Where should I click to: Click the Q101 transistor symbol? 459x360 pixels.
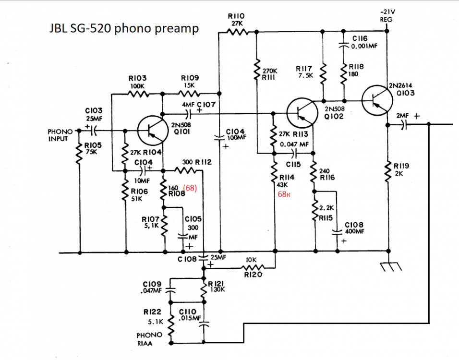click(x=153, y=131)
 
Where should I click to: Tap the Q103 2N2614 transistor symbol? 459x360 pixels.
click(x=377, y=100)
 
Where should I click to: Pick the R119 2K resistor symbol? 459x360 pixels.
click(x=388, y=171)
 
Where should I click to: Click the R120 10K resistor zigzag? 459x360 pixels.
click(x=253, y=267)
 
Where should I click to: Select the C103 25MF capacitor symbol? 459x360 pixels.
click(x=94, y=131)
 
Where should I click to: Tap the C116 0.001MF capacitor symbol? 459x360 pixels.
click(x=343, y=46)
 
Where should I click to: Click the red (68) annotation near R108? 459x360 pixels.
click(x=190, y=188)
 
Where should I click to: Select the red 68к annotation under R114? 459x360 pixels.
click(x=284, y=194)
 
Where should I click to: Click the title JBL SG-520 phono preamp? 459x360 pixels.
click(x=124, y=28)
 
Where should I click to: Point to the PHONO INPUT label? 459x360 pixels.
click(x=60, y=135)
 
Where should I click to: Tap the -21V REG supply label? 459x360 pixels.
click(x=387, y=15)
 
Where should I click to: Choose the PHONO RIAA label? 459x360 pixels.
click(x=149, y=339)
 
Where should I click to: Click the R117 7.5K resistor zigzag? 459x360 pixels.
click(x=323, y=74)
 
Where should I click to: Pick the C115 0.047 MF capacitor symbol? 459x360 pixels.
click(x=294, y=153)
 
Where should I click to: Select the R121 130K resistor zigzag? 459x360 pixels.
click(x=204, y=290)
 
